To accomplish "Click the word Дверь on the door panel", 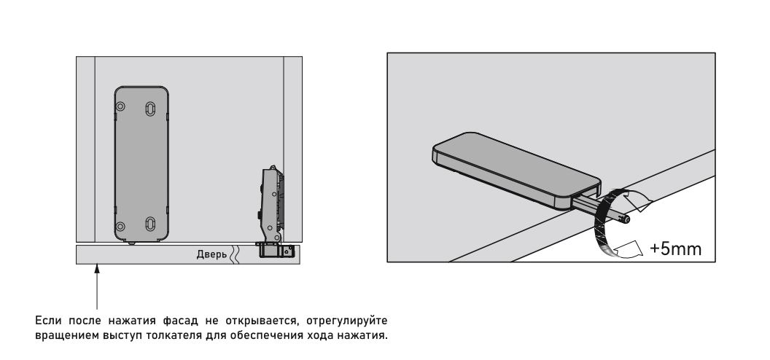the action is coord(211,254).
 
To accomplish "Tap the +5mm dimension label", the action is coord(675,249).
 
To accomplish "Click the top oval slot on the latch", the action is coord(150,108).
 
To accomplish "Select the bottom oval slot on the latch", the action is coord(150,224).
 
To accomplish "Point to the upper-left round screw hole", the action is coord(120,106).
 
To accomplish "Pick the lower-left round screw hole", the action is coord(120,227).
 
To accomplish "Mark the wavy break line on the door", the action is coord(235,254).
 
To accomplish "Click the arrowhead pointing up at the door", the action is coord(97,267).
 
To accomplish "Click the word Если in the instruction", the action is coord(48,321).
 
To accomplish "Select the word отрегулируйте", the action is coord(346,322).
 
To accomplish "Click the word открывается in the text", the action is coord(262,322).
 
